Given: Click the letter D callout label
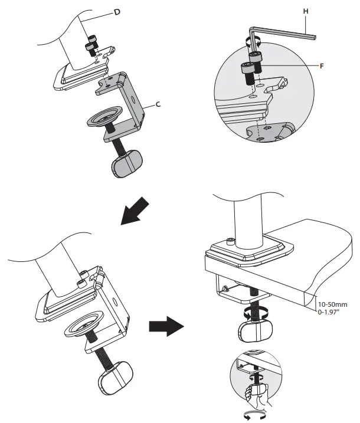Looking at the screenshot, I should point(116,12).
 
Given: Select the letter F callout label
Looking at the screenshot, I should point(322,66).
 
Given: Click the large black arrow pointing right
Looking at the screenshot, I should point(165,325).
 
